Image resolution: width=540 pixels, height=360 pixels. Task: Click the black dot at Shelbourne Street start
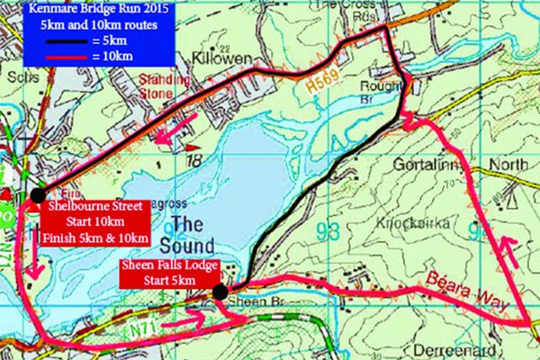pos(38,194)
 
